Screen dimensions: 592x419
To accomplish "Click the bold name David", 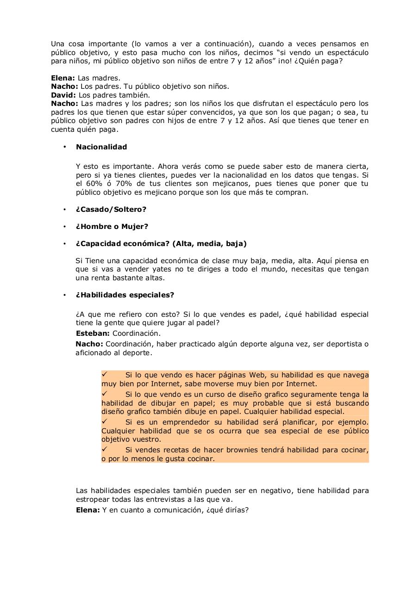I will [x=63, y=95].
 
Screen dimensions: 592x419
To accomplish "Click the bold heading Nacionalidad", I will [x=101, y=147].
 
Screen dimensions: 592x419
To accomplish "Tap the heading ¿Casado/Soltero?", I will [x=111, y=210].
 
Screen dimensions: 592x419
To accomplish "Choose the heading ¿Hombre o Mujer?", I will [x=112, y=227].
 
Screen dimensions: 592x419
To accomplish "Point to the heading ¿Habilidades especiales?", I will [x=125, y=295].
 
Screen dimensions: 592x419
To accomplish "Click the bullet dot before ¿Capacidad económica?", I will [x=65, y=244].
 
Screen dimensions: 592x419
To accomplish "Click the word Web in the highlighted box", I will [x=258, y=375].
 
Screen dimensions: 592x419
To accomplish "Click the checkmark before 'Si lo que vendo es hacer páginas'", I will [x=105, y=375].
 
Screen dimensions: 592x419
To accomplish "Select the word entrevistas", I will [x=167, y=499].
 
